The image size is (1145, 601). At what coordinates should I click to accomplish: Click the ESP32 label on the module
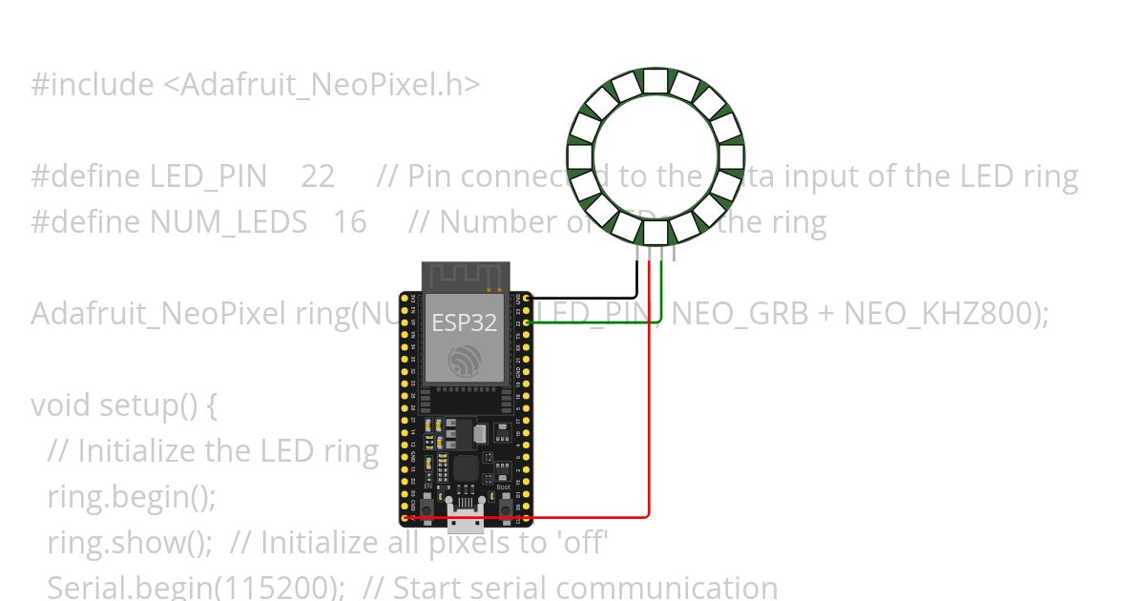[465, 322]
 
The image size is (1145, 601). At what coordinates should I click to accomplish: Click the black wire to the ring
[592, 297]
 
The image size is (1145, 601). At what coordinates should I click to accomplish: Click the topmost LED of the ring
[655, 81]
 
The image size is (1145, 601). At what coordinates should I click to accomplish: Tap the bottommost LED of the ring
[655, 233]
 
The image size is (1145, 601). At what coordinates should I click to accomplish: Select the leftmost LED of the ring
[579, 157]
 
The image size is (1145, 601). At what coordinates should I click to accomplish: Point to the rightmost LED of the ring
[731, 157]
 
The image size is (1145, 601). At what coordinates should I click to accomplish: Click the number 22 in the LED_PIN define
[318, 176]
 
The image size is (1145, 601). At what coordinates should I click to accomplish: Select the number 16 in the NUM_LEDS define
[349, 222]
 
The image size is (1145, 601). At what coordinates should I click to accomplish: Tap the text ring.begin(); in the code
[132, 496]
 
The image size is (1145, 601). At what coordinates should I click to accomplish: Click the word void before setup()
[64, 404]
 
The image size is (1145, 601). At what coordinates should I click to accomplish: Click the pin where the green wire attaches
[527, 322]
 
